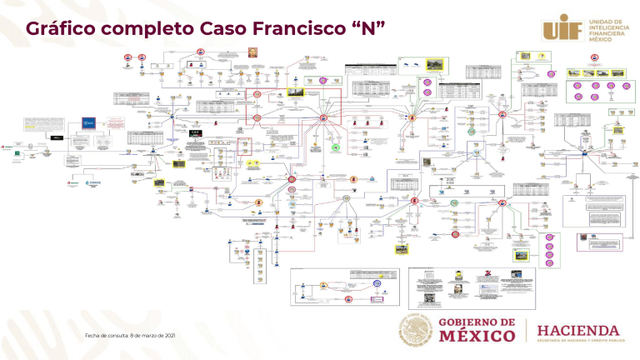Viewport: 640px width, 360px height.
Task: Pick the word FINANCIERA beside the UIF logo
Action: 607,33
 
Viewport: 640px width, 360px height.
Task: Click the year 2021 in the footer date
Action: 170,335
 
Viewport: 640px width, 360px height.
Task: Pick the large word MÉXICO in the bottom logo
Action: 477,337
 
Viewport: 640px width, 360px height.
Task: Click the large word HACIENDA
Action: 577,330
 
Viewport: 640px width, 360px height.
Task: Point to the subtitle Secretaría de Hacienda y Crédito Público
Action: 577,342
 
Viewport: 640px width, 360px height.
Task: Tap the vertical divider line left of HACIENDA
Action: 526,331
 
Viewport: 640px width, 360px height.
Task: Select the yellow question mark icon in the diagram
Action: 542,57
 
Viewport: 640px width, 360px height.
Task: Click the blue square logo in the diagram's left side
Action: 88,122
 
